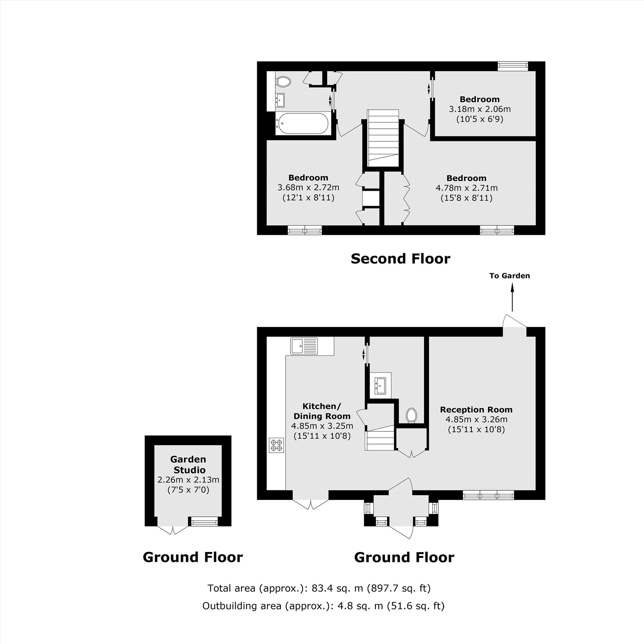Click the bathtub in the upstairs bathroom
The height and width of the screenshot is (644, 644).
(x=303, y=123)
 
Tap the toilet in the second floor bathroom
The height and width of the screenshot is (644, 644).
(x=283, y=81)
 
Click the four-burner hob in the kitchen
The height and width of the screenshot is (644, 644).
(x=277, y=445)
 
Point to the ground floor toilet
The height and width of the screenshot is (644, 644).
(x=412, y=415)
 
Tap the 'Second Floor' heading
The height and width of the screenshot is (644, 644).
(x=400, y=259)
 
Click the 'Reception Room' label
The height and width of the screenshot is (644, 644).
(x=476, y=410)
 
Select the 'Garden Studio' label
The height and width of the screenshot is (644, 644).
(x=188, y=465)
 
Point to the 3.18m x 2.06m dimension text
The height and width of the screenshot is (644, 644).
(x=480, y=109)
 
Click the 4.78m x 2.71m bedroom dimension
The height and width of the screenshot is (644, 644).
(x=467, y=188)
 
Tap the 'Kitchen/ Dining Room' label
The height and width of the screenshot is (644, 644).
(x=322, y=411)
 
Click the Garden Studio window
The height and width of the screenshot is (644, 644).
(x=203, y=521)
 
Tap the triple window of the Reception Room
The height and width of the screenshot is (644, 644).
(x=489, y=495)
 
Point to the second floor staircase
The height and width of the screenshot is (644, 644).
(x=383, y=138)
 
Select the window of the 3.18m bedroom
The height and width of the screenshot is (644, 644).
(x=513, y=66)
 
